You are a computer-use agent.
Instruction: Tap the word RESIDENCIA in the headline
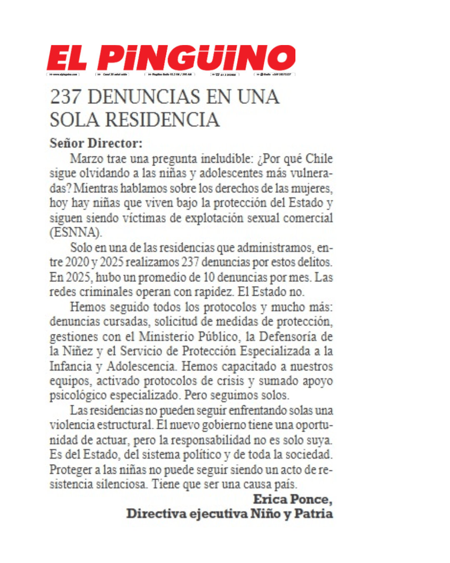coord(162,120)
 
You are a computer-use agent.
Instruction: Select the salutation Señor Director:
coord(96,143)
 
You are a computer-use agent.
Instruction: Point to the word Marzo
coord(87,159)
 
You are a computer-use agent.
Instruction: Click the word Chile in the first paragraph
coord(319,159)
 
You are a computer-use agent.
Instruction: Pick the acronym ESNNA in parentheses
coord(75,233)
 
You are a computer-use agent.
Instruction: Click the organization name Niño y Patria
coord(291,514)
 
